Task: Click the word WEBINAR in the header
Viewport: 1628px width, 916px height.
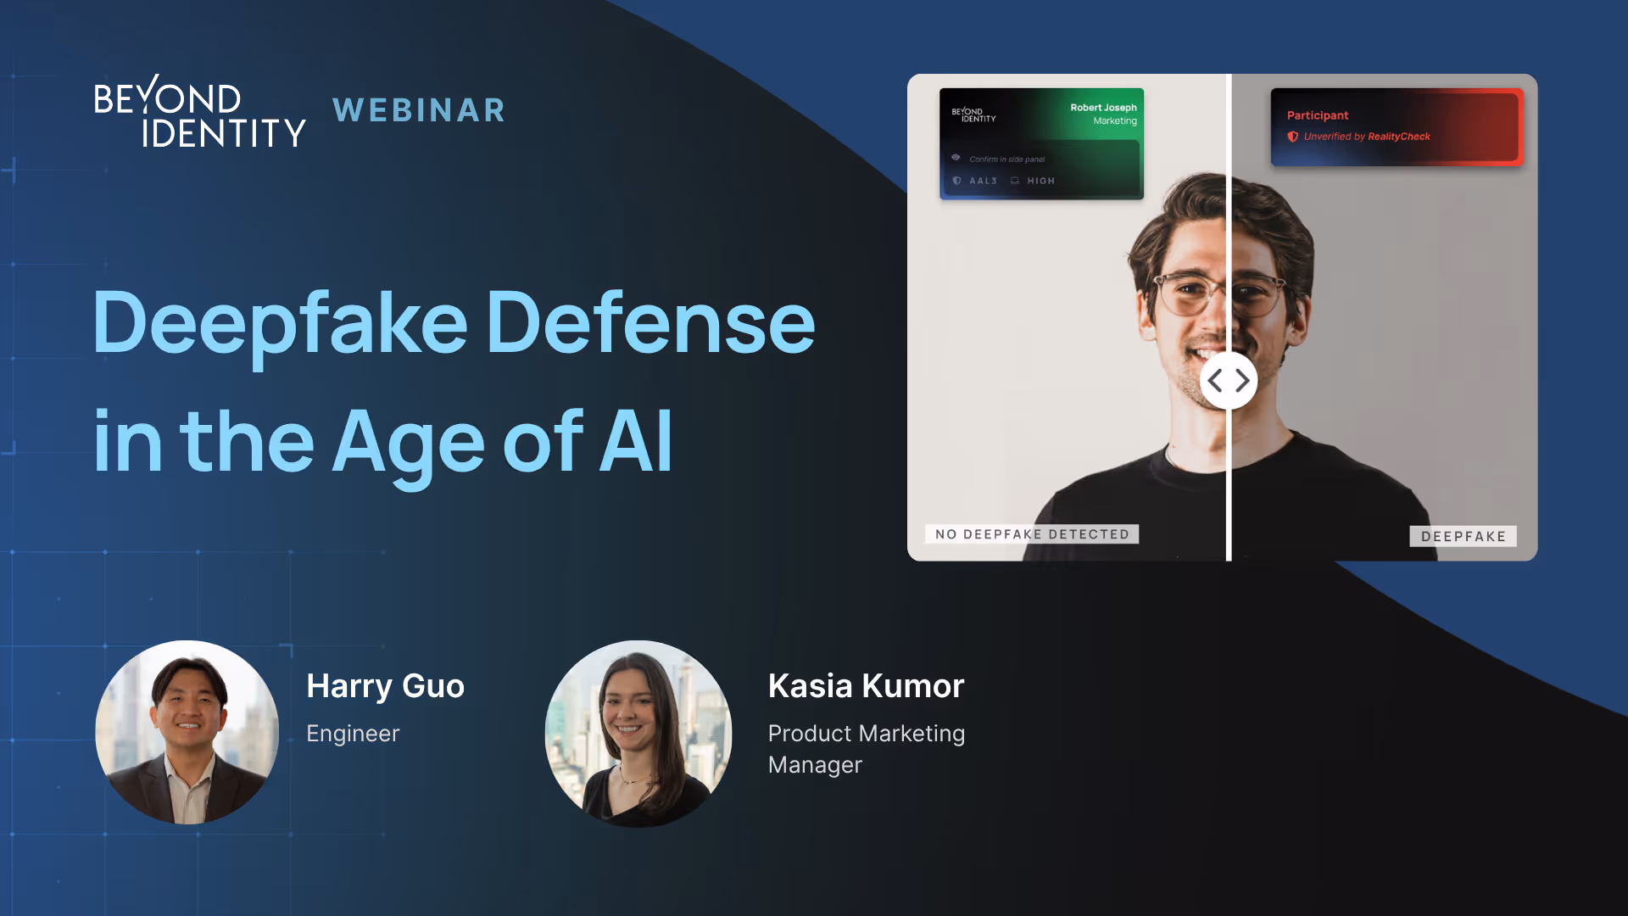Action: pos(419,110)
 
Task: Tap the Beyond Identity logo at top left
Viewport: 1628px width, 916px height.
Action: pos(199,112)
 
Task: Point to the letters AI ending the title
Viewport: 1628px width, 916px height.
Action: pos(636,442)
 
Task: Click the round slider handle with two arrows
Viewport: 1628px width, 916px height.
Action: pos(1228,381)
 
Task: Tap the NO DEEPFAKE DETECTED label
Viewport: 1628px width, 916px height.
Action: pos(1032,534)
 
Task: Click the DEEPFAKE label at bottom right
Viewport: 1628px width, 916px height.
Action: pos(1463,536)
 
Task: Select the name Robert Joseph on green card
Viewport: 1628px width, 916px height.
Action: pos(1102,108)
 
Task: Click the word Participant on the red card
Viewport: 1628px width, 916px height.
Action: pos(1317,115)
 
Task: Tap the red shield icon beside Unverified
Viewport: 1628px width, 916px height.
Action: pos(1292,137)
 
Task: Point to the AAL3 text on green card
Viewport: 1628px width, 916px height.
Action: pos(983,181)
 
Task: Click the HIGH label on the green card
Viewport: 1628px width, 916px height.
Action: pos(1040,181)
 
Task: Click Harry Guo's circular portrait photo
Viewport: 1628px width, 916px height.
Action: pos(187,732)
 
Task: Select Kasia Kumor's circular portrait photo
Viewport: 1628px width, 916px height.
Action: pos(638,734)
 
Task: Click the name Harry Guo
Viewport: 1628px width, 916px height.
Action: pos(385,686)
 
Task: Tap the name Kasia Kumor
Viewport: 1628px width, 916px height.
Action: pos(866,686)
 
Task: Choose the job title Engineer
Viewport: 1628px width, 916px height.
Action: pos(353,734)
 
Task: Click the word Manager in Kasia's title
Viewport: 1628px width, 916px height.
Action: pos(815,765)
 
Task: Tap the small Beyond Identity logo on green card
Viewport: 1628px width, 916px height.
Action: pos(973,114)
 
